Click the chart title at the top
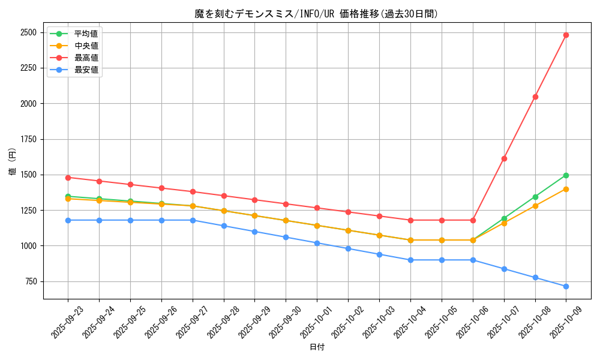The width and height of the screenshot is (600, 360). point(316,14)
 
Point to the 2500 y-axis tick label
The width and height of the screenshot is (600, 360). point(28,32)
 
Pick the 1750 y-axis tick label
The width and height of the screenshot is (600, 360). point(28,139)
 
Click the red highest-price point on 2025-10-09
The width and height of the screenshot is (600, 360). point(566,35)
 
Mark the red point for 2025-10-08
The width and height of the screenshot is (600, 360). point(535,97)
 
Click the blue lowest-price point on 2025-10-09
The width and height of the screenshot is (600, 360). point(566,286)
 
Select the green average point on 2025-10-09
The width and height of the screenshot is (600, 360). point(566,175)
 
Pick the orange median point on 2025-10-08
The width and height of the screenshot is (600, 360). point(535,206)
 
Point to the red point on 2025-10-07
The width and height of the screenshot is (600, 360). point(504,158)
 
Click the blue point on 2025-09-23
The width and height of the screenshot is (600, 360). point(68,220)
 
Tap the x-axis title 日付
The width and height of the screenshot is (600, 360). point(317,347)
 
